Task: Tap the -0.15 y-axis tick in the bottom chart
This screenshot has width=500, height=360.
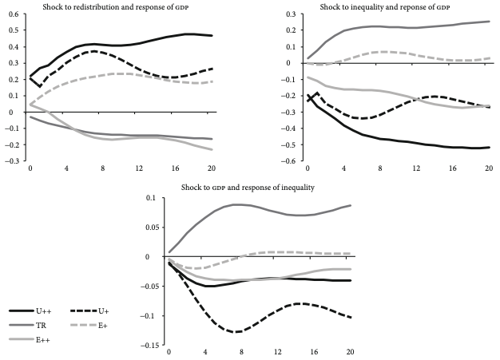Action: [149, 346]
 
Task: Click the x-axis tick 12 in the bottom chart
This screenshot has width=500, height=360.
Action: [277, 351]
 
